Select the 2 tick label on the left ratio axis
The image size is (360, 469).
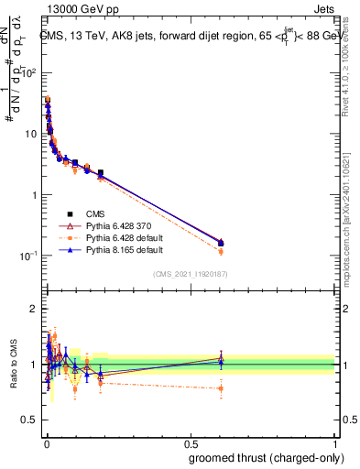(x=35, y=309)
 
